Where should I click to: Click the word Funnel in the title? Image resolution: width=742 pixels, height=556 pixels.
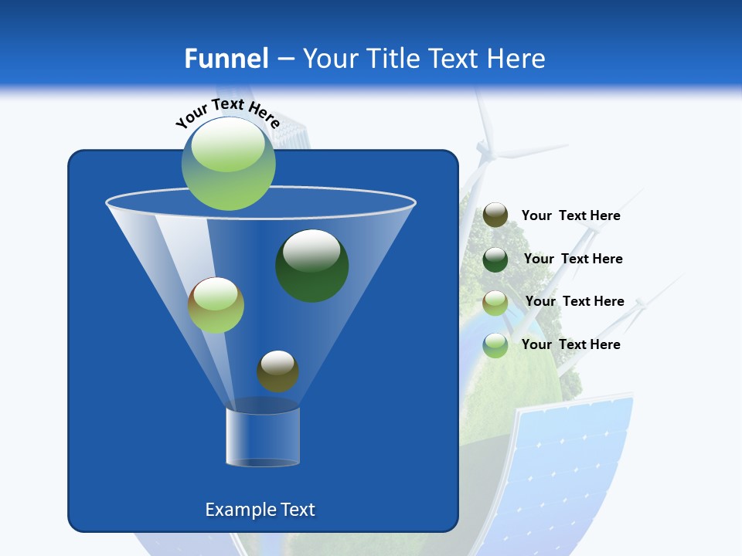click(x=226, y=59)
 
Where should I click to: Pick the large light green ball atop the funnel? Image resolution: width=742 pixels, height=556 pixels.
click(x=228, y=163)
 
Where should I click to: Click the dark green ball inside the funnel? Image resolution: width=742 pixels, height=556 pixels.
click(x=311, y=265)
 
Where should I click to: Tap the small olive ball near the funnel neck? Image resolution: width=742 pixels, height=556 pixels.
click(x=277, y=371)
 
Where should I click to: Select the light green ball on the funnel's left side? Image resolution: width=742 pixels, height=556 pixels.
click(x=216, y=305)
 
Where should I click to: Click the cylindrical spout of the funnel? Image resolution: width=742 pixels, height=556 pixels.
click(x=262, y=436)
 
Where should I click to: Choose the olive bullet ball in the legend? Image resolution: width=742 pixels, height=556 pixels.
click(x=495, y=215)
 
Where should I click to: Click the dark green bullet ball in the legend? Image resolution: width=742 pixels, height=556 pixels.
click(x=495, y=259)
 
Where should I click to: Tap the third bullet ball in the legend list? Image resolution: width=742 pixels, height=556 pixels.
click(x=495, y=303)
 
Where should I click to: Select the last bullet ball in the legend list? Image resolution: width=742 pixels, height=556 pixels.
click(x=495, y=345)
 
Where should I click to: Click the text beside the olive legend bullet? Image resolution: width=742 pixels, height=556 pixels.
click(x=570, y=216)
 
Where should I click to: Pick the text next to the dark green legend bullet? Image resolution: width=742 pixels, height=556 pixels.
click(x=573, y=259)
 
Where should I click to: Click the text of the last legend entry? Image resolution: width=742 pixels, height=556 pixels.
click(x=570, y=344)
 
